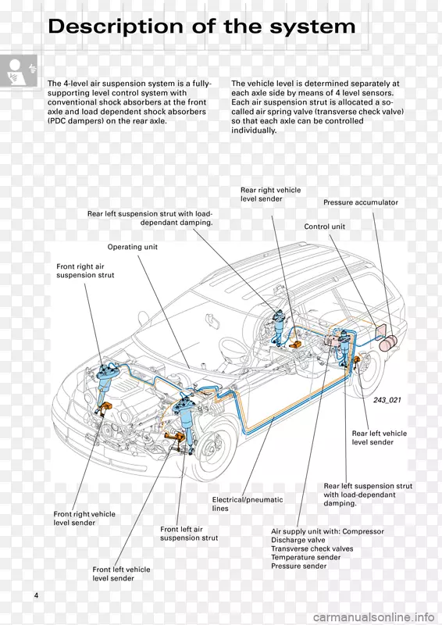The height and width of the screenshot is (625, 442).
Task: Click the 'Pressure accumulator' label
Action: click(361, 202)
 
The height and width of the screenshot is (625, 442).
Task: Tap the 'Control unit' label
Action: click(324, 227)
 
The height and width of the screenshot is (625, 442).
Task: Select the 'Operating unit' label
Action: click(132, 247)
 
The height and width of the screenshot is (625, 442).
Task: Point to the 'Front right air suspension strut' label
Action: click(85, 270)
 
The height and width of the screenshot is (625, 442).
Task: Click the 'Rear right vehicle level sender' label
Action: click(271, 194)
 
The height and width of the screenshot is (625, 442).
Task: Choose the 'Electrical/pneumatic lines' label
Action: click(248, 504)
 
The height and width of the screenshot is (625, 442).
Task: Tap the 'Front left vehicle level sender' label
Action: click(121, 573)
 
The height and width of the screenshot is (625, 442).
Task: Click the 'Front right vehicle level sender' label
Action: click(84, 518)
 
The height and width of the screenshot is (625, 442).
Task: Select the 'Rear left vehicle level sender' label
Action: click(380, 437)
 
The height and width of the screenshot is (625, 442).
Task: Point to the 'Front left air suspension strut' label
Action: click(189, 534)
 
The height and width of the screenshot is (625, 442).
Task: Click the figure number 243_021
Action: click(387, 400)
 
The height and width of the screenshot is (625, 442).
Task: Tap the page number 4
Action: click(36, 595)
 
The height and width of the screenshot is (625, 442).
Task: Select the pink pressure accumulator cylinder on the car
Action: click(387, 342)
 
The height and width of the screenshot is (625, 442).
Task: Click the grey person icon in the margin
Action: click(19, 71)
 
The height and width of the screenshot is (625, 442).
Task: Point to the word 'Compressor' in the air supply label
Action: click(363, 531)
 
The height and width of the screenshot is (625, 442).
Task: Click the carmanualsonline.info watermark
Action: click(373, 617)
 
